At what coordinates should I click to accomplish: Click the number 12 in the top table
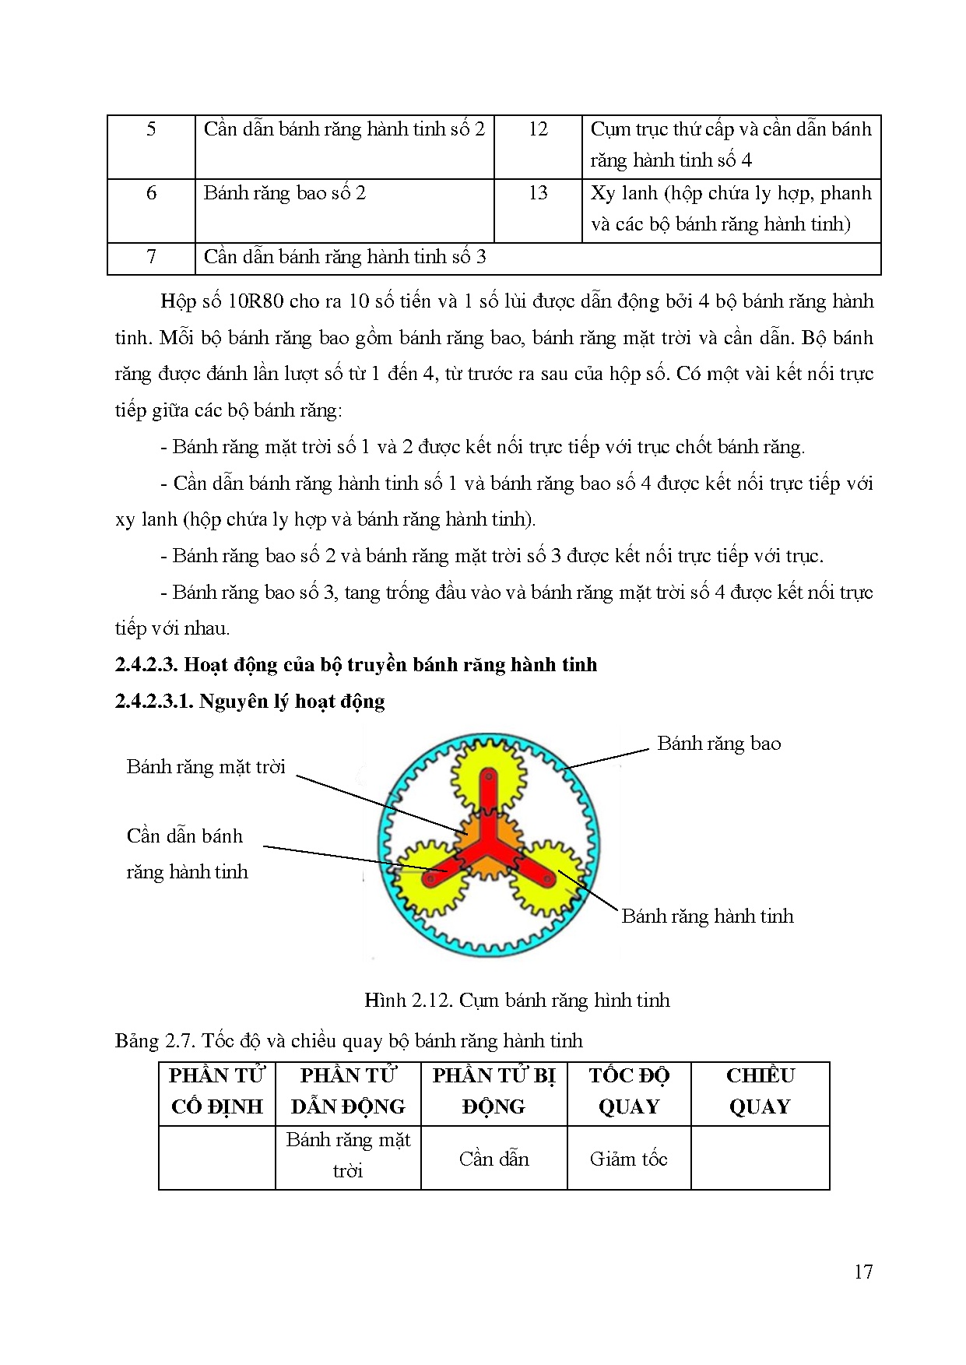click(538, 129)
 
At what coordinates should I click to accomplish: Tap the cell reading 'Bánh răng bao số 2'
click(285, 193)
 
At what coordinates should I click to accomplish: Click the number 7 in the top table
click(151, 257)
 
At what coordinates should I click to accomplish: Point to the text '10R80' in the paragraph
click(255, 301)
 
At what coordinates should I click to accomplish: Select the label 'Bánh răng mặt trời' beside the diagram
click(206, 767)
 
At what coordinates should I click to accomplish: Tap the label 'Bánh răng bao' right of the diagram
click(718, 744)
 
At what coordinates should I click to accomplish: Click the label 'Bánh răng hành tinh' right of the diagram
click(707, 916)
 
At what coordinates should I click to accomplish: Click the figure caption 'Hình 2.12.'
click(408, 1001)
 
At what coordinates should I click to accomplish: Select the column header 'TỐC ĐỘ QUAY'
click(629, 1092)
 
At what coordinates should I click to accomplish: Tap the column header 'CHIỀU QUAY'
click(760, 1092)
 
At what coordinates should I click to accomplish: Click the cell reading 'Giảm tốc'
click(629, 1159)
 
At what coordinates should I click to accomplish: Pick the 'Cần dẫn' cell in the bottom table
click(494, 1159)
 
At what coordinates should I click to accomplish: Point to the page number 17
click(863, 1272)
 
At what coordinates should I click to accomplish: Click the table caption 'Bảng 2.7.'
click(155, 1041)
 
